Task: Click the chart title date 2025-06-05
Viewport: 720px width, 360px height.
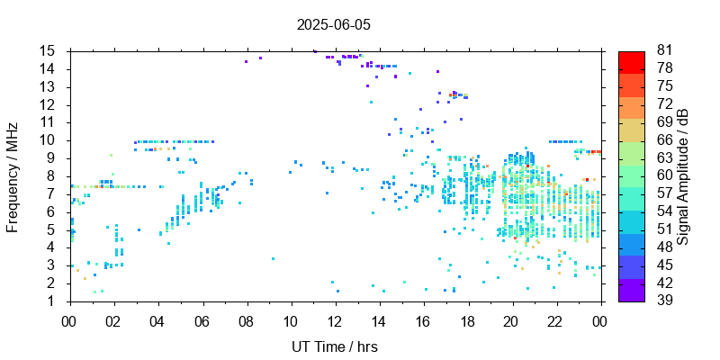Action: point(333,25)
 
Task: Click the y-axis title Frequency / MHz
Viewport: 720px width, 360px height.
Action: point(13,176)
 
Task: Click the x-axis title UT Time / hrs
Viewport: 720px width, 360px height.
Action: point(333,346)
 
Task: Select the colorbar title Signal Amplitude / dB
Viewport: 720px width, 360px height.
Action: point(683,176)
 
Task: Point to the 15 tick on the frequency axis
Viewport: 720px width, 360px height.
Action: point(48,51)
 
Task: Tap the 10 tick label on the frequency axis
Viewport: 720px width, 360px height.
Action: point(48,140)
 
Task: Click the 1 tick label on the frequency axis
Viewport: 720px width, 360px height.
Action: point(52,301)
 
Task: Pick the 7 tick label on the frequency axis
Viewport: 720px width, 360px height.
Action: point(52,193)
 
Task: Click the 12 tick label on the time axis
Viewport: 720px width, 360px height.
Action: point(335,319)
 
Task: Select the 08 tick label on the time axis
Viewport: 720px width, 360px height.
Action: point(246,319)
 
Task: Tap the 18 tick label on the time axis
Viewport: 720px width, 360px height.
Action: point(468,319)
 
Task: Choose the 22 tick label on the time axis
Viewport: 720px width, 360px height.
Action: point(556,319)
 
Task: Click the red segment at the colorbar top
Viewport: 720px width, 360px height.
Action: point(631,60)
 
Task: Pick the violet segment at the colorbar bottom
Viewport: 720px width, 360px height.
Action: point(631,292)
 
